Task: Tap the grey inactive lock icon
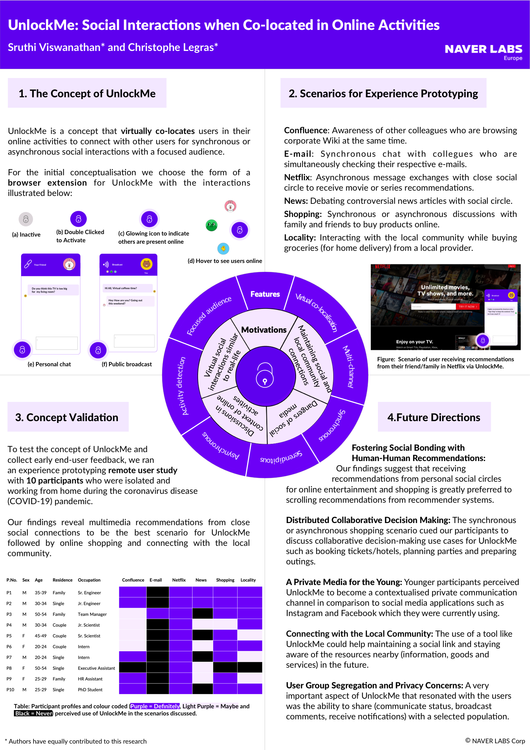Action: (x=26, y=219)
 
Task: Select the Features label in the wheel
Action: (x=265, y=294)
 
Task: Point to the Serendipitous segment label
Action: (x=281, y=457)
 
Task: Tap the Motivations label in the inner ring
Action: (x=264, y=330)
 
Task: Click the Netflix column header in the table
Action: (x=179, y=580)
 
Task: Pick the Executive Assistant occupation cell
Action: (x=96, y=668)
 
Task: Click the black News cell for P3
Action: (x=202, y=614)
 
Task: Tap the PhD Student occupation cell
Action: (x=90, y=690)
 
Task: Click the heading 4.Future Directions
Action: (x=434, y=417)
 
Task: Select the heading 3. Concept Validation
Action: (x=67, y=417)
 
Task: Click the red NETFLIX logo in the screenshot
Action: (x=383, y=267)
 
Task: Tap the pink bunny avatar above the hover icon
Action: (x=230, y=206)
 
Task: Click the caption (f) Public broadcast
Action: (x=127, y=364)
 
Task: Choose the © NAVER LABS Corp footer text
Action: (x=495, y=741)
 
